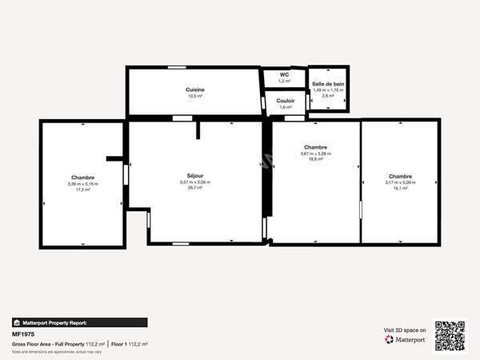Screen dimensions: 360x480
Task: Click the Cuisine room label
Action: pos(195,90)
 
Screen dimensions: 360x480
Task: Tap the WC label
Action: pos(283,75)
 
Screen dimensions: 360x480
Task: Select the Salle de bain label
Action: pos(328,84)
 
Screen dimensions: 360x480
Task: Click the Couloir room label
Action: pos(286,101)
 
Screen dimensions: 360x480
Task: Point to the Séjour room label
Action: pos(195,175)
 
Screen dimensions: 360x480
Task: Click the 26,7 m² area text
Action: pos(195,187)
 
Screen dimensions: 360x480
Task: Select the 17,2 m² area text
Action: pos(82,190)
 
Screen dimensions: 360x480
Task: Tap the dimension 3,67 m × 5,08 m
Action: pos(315,154)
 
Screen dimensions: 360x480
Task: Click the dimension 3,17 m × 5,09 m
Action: pos(400,182)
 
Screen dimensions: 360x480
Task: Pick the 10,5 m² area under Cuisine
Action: pos(195,96)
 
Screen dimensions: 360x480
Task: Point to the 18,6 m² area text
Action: pos(315,159)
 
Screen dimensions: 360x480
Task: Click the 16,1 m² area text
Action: pos(400,188)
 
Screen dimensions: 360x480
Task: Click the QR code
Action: pos(449,335)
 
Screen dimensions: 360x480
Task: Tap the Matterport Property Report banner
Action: pos(79,322)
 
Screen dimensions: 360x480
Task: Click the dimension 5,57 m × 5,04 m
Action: pos(195,182)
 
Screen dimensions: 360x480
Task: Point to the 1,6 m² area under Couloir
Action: pos(286,106)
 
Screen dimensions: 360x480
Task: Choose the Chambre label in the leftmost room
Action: pos(82,178)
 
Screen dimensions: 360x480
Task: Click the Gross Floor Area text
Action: pos(48,344)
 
